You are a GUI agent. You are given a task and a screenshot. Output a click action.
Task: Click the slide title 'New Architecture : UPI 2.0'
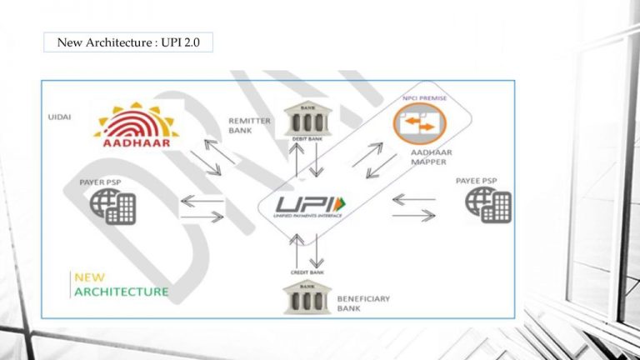(x=128, y=42)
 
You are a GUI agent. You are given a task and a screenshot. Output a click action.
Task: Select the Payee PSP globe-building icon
(x=488, y=203)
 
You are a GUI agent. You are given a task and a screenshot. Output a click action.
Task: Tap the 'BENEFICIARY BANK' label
(x=365, y=302)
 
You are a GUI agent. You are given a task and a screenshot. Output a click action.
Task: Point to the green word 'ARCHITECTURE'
(x=121, y=292)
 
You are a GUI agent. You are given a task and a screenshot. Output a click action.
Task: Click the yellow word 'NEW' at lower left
(x=89, y=277)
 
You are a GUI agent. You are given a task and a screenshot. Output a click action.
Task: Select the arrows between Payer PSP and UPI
(x=202, y=208)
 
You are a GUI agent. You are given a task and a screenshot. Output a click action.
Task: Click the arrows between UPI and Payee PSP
(x=414, y=207)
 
